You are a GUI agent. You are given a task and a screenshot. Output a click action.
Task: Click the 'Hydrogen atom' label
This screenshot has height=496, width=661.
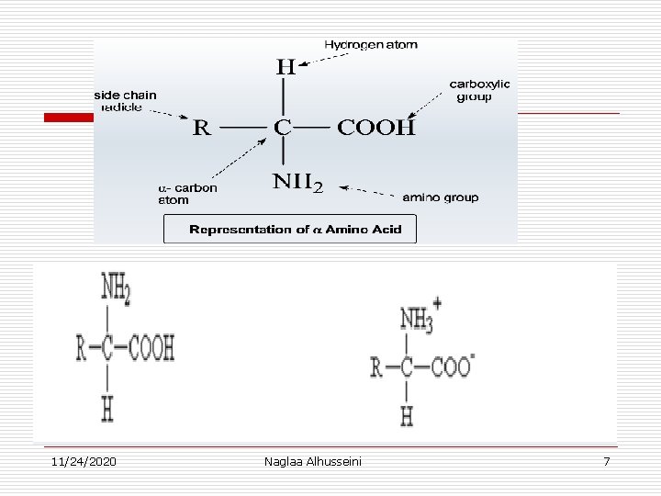370,45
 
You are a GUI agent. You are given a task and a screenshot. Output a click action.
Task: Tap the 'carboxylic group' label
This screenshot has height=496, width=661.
479,90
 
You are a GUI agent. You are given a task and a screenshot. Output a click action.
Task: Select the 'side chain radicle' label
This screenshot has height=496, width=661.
125,100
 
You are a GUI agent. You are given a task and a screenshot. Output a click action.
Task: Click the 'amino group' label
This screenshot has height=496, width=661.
441,197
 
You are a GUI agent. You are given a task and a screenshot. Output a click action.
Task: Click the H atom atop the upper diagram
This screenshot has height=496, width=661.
286,68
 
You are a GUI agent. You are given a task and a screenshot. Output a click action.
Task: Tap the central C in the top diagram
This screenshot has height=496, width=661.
283,127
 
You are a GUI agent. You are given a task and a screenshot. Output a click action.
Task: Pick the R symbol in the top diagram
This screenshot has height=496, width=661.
201,128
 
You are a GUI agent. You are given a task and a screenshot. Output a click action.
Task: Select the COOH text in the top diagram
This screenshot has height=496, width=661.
376,127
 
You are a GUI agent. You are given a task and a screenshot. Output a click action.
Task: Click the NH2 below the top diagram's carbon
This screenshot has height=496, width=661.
297,183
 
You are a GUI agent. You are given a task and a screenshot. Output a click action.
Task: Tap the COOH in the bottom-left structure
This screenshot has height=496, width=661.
151,348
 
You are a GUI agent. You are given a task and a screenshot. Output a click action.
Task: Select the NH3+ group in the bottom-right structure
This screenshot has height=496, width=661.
420,319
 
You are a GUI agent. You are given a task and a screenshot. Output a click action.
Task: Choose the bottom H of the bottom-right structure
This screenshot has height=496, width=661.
407,416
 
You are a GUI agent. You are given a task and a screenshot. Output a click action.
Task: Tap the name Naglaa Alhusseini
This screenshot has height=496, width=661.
312,460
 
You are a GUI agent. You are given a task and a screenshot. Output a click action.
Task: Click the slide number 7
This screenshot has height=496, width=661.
606,460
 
